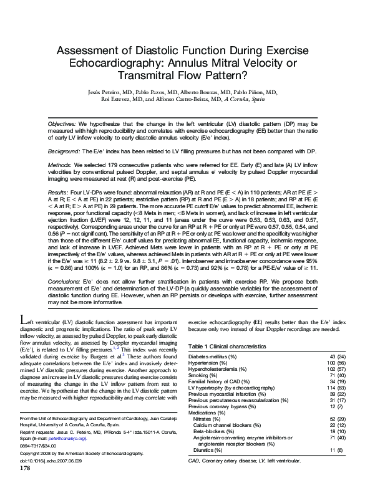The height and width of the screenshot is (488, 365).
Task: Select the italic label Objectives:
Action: point(61,125)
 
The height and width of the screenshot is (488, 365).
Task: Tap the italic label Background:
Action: point(62,151)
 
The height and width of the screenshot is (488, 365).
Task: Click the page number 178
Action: point(26,484)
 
